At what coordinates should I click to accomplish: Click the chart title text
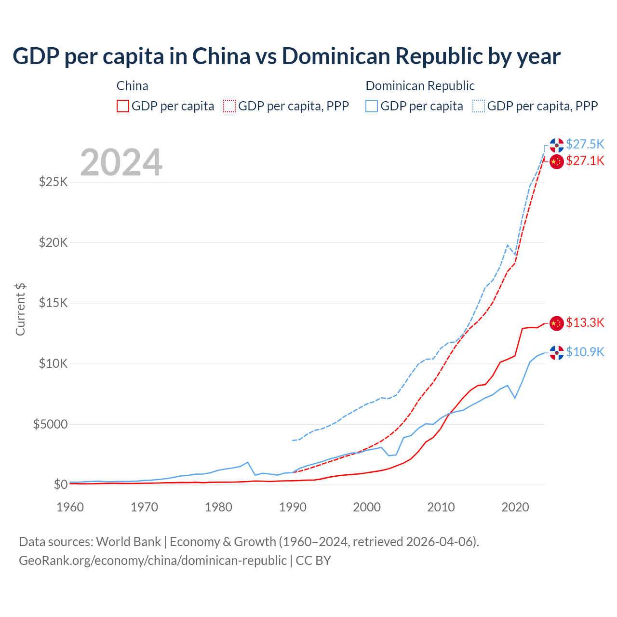pyautogui.click(x=286, y=56)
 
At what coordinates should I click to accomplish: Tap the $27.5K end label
pyautogui.click(x=585, y=144)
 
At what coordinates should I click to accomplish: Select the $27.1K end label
pyautogui.click(x=585, y=161)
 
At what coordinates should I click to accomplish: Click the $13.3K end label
pyautogui.click(x=585, y=322)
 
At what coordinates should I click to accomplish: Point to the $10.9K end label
pyautogui.click(x=585, y=352)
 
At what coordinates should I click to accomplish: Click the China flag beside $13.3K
pyautogui.click(x=557, y=323)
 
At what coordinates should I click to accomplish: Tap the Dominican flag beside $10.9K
pyautogui.click(x=557, y=352)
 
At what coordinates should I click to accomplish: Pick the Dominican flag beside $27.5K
pyautogui.click(x=557, y=145)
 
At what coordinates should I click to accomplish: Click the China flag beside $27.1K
pyautogui.click(x=557, y=161)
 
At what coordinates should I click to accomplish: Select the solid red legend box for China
pyautogui.click(x=123, y=106)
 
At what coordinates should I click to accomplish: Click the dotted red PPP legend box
pyautogui.click(x=229, y=106)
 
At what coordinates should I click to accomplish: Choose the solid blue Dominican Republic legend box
pyautogui.click(x=372, y=106)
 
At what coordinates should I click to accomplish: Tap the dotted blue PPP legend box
pyautogui.click(x=479, y=106)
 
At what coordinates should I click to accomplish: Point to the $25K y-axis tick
pyautogui.click(x=53, y=182)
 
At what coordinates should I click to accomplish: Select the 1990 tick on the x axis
pyautogui.click(x=293, y=507)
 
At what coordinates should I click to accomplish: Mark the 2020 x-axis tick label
pyautogui.click(x=515, y=507)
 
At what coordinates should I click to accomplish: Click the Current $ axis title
pyautogui.click(x=20, y=309)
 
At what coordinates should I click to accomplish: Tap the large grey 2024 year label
pyautogui.click(x=121, y=162)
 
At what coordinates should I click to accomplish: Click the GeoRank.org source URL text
pyautogui.click(x=153, y=561)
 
